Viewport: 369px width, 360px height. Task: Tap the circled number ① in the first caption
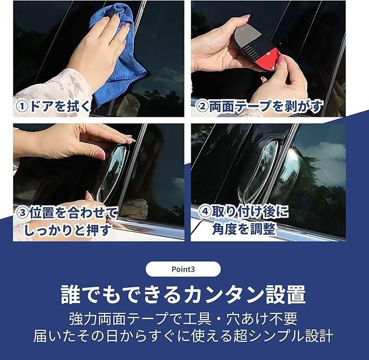point(22,107)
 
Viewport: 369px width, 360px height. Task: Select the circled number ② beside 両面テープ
point(202,107)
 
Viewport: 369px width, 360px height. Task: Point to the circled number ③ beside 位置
point(23,214)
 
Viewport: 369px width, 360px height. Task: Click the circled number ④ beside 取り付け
point(205,211)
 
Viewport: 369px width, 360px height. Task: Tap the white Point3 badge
point(183,269)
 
